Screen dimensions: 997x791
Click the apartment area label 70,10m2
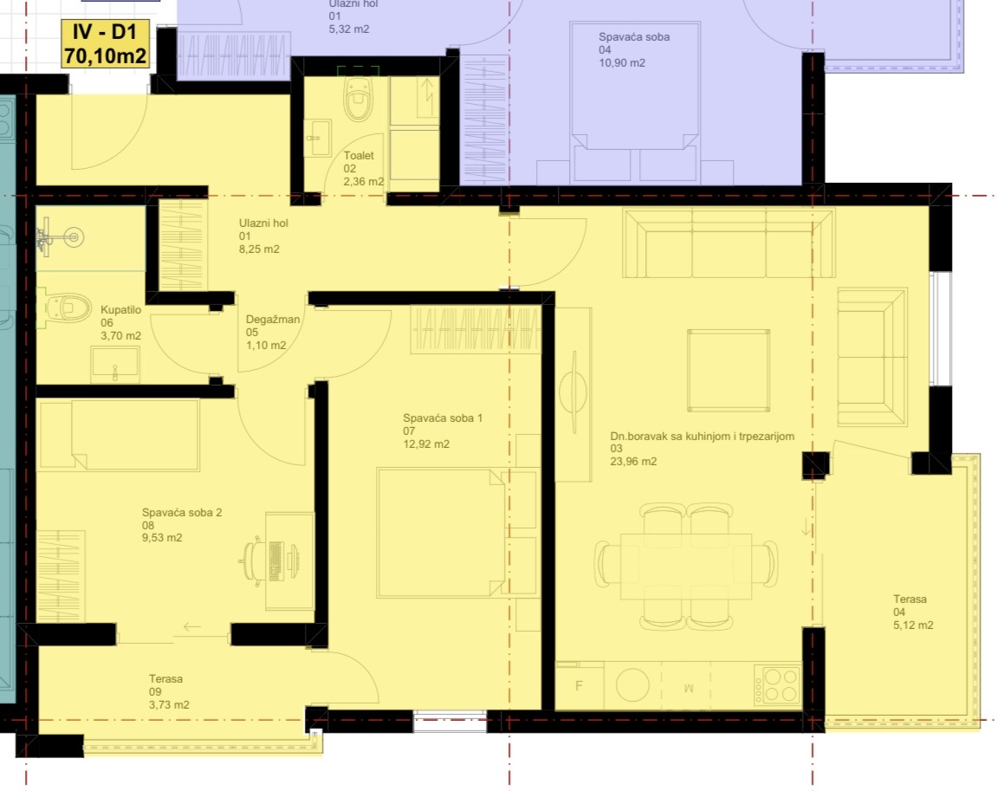pyautogui.click(x=105, y=56)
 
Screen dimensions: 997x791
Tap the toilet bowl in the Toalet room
pyautogui.click(x=358, y=99)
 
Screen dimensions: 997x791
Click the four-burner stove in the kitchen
pyautogui.click(x=777, y=684)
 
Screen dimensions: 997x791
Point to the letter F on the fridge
pyautogui.click(x=579, y=685)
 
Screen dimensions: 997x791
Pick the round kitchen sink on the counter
pyautogui.click(x=632, y=684)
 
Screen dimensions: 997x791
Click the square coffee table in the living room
pyautogui.click(x=728, y=370)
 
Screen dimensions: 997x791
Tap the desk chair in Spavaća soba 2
pyautogui.click(x=255, y=560)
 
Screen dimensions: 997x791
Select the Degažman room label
pyautogui.click(x=273, y=319)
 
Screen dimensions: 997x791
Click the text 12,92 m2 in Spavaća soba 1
pyautogui.click(x=426, y=444)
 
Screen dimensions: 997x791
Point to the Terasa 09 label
pyautogui.click(x=166, y=684)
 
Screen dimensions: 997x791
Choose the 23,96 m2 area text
pyautogui.click(x=633, y=462)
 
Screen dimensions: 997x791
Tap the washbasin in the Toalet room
pyautogui.click(x=317, y=138)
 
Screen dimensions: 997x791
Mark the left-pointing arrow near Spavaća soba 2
pyautogui.click(x=192, y=627)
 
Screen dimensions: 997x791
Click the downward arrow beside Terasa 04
pyautogui.click(x=807, y=527)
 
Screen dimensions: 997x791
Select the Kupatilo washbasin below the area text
pyautogui.click(x=115, y=365)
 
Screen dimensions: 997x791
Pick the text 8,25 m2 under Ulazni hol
pyautogui.click(x=259, y=250)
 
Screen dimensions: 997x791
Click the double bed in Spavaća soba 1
pyautogui.click(x=441, y=533)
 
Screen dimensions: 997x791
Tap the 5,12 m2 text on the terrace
pyautogui.click(x=913, y=625)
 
